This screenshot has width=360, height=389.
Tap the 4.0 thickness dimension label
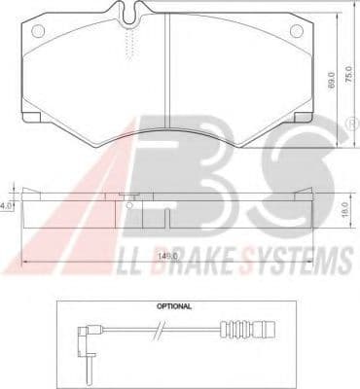[x=6, y=205]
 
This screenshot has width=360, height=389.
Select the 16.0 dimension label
[x=344, y=210]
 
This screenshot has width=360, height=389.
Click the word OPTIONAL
[x=174, y=306]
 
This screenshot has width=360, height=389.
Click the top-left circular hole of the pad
[x=38, y=31]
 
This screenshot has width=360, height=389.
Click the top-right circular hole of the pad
[x=297, y=31]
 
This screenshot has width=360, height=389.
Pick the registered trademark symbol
[x=354, y=124]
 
